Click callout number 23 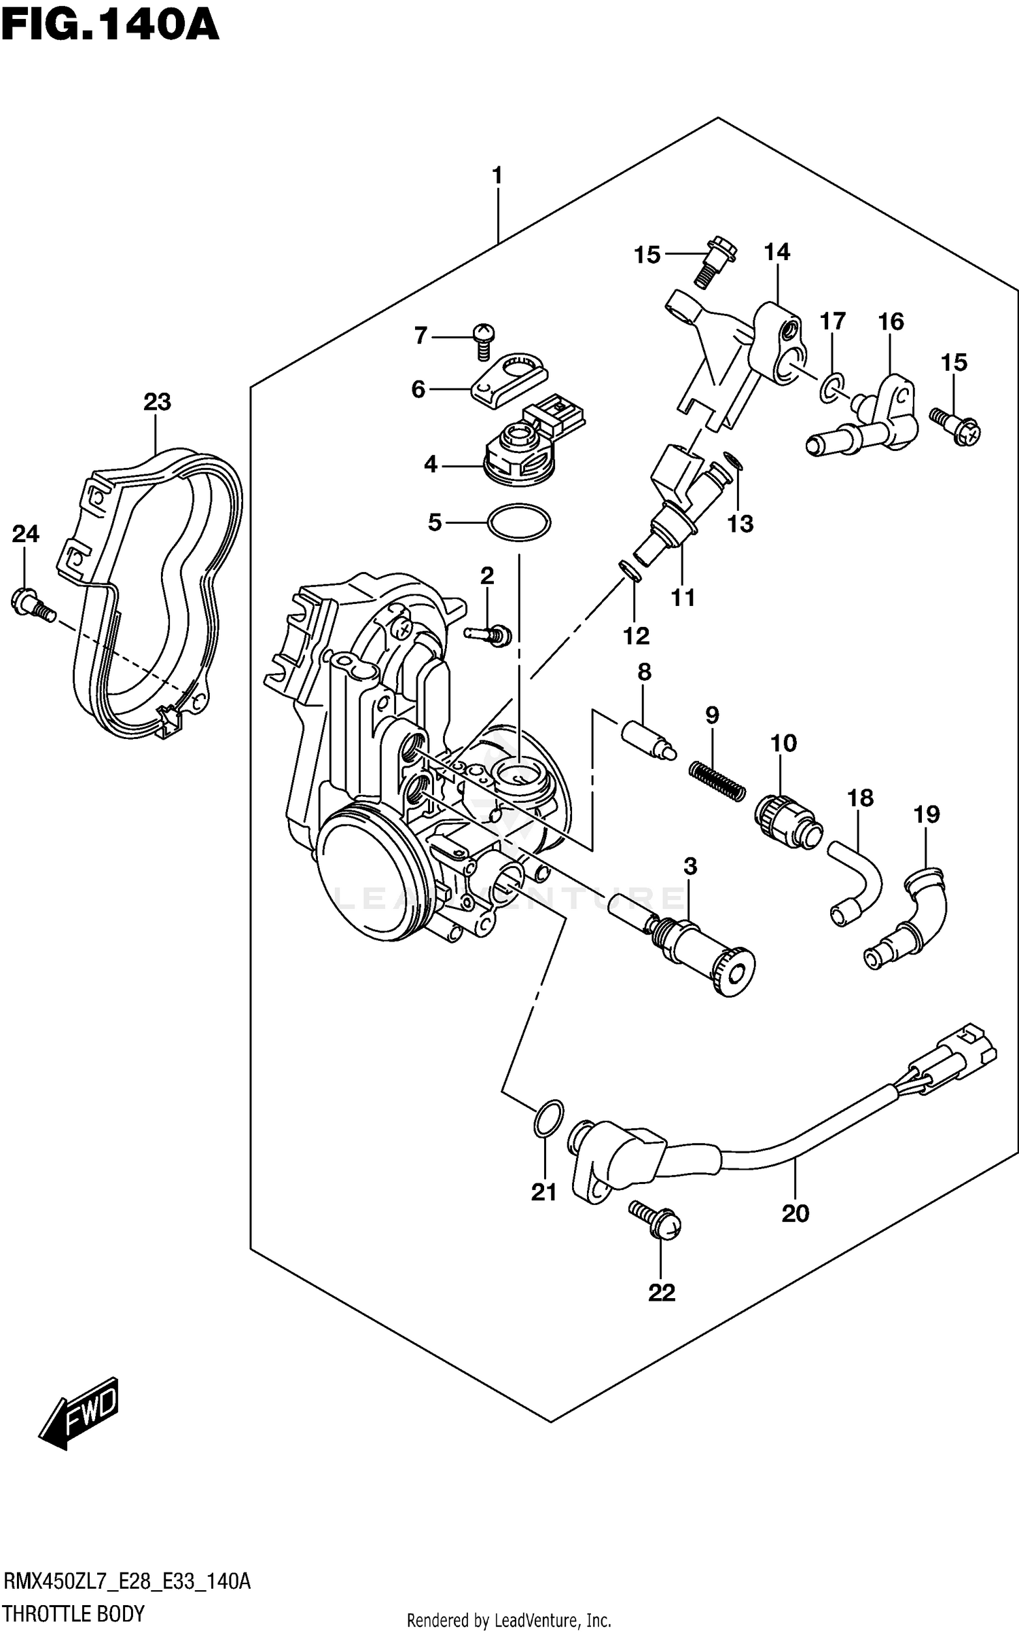tap(157, 401)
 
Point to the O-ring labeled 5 tap(518, 522)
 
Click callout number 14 tap(776, 252)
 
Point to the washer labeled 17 tap(832, 386)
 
